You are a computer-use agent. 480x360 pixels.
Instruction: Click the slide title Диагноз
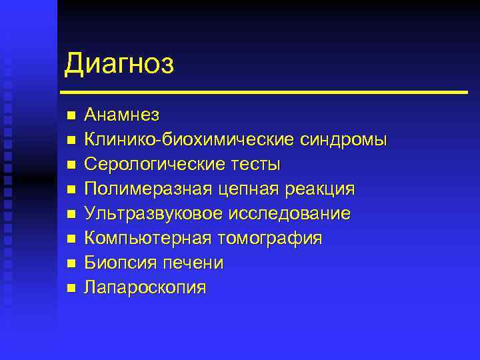[x=119, y=65]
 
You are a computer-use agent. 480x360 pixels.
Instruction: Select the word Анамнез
[x=121, y=115]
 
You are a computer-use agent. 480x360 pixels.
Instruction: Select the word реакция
[x=317, y=189]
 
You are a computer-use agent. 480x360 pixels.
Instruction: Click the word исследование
[x=290, y=213]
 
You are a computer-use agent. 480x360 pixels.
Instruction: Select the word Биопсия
[x=117, y=263]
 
